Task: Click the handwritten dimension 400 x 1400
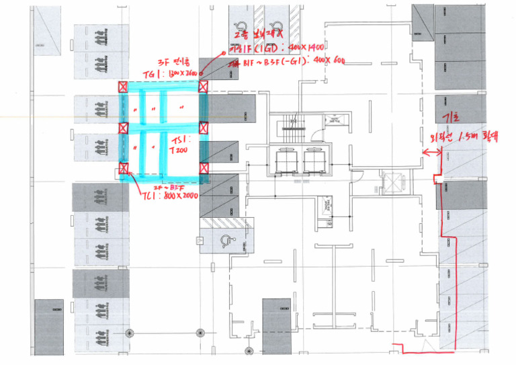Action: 302,48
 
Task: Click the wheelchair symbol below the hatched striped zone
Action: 221,239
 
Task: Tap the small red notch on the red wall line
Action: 436,178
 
